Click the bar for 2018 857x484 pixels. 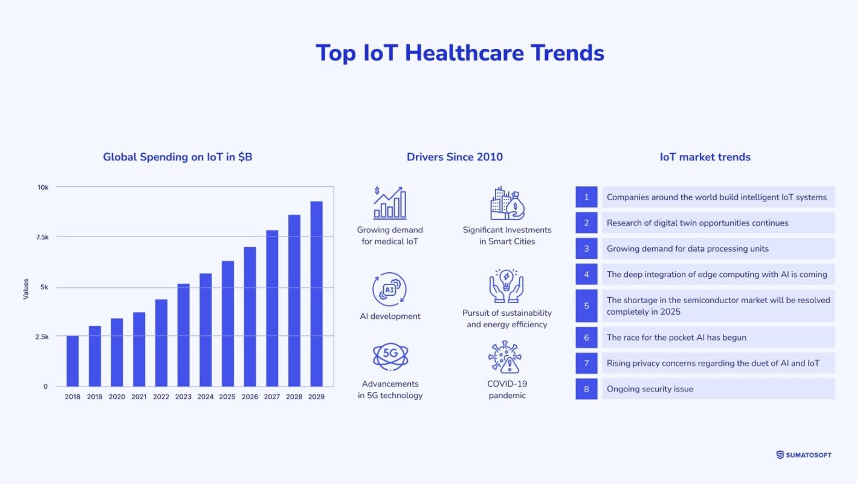pos(73,361)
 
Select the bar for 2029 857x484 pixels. pos(316,294)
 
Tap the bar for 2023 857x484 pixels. pos(183,335)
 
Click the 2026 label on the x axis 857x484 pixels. pos(250,397)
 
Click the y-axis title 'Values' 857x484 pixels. pos(26,289)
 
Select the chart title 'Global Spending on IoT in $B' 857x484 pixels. pos(178,157)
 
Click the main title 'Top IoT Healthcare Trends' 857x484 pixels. pos(460,53)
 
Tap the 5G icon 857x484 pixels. pos(390,356)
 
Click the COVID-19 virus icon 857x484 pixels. pos(506,357)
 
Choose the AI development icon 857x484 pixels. pos(390,289)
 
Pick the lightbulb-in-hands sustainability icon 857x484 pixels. pos(506,286)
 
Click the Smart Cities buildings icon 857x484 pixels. pos(506,203)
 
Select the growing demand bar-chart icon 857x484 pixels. pos(390,203)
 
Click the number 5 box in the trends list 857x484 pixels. pos(586,306)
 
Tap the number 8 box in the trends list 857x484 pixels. pos(586,389)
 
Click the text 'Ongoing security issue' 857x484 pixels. pos(650,389)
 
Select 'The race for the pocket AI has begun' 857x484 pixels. pos(676,338)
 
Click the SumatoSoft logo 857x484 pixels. pos(803,455)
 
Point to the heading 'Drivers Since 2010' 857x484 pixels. pos(454,157)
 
